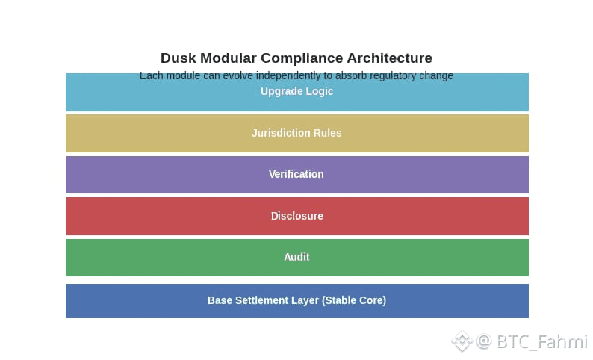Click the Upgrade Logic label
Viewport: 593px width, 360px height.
coord(296,91)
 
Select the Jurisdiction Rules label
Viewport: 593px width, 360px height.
coord(296,133)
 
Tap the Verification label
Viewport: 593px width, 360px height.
coord(296,174)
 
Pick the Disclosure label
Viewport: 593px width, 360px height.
coord(296,216)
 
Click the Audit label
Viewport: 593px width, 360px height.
coord(296,257)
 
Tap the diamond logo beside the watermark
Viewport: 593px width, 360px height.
coord(462,341)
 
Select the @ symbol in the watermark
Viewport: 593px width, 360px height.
coord(484,341)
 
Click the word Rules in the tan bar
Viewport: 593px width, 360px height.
coord(327,133)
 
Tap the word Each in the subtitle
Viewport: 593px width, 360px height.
coord(151,75)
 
